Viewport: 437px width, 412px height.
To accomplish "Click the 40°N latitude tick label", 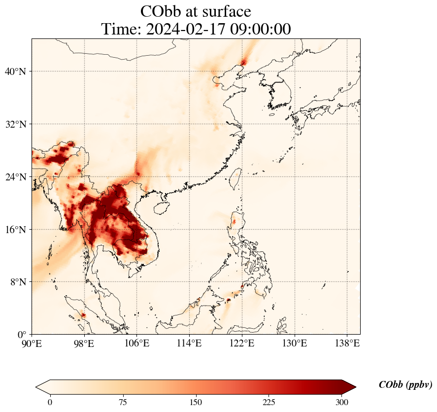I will pos(15,72).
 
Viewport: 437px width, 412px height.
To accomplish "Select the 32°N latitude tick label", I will pos(15,124).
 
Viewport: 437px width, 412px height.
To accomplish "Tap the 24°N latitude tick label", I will pos(15,177).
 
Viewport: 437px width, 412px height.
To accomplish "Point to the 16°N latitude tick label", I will pos(15,230).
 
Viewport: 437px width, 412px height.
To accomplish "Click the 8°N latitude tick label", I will pos(17,282).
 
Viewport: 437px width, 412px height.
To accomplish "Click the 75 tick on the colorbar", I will pos(123,402).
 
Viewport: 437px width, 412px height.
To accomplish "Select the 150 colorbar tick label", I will pos(196,402).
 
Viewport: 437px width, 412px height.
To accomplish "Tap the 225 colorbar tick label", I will pos(269,402).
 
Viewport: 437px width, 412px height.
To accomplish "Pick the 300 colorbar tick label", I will pos(342,402).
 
